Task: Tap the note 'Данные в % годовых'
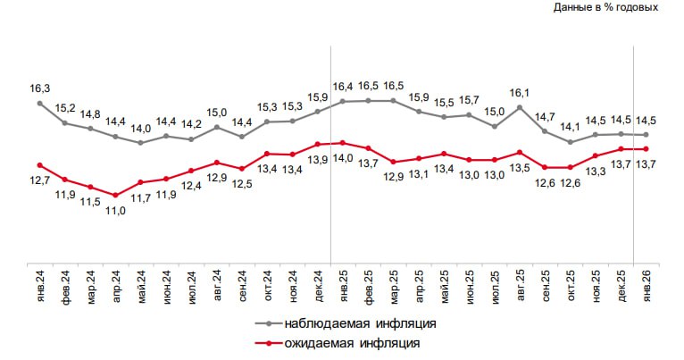pyautogui.click(x=605, y=7)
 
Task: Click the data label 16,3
pyautogui.click(x=40, y=88)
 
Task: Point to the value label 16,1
pyautogui.click(x=520, y=93)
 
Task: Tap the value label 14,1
pyautogui.click(x=570, y=126)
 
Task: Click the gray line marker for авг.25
pyautogui.click(x=520, y=107)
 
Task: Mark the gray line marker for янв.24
pyautogui.click(x=40, y=103)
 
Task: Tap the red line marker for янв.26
pyautogui.click(x=646, y=149)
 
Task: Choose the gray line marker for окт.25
pyautogui.click(x=570, y=141)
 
